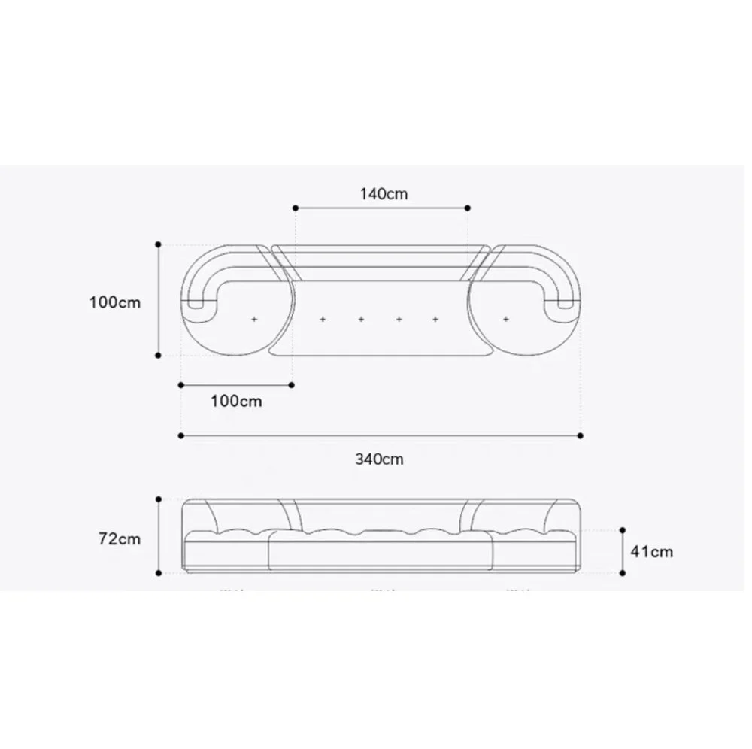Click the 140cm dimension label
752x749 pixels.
point(384,193)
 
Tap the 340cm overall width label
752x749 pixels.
point(379,459)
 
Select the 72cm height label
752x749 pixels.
point(119,538)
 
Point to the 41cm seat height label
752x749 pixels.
point(651,551)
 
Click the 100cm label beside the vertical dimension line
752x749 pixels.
point(114,302)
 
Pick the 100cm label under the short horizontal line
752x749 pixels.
point(236,401)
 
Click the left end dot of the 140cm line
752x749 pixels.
point(296,208)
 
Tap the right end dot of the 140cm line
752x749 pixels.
point(468,208)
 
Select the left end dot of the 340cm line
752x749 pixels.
point(180,435)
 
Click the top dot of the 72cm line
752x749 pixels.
point(159,499)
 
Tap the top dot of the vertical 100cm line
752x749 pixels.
point(159,244)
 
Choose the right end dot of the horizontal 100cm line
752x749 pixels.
point(292,385)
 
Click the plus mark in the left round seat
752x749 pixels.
point(253,320)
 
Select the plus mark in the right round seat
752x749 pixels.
point(507,320)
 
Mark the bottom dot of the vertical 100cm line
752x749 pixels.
point(159,355)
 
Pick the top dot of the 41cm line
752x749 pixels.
point(623,530)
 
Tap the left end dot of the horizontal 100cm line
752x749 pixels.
point(180,385)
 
